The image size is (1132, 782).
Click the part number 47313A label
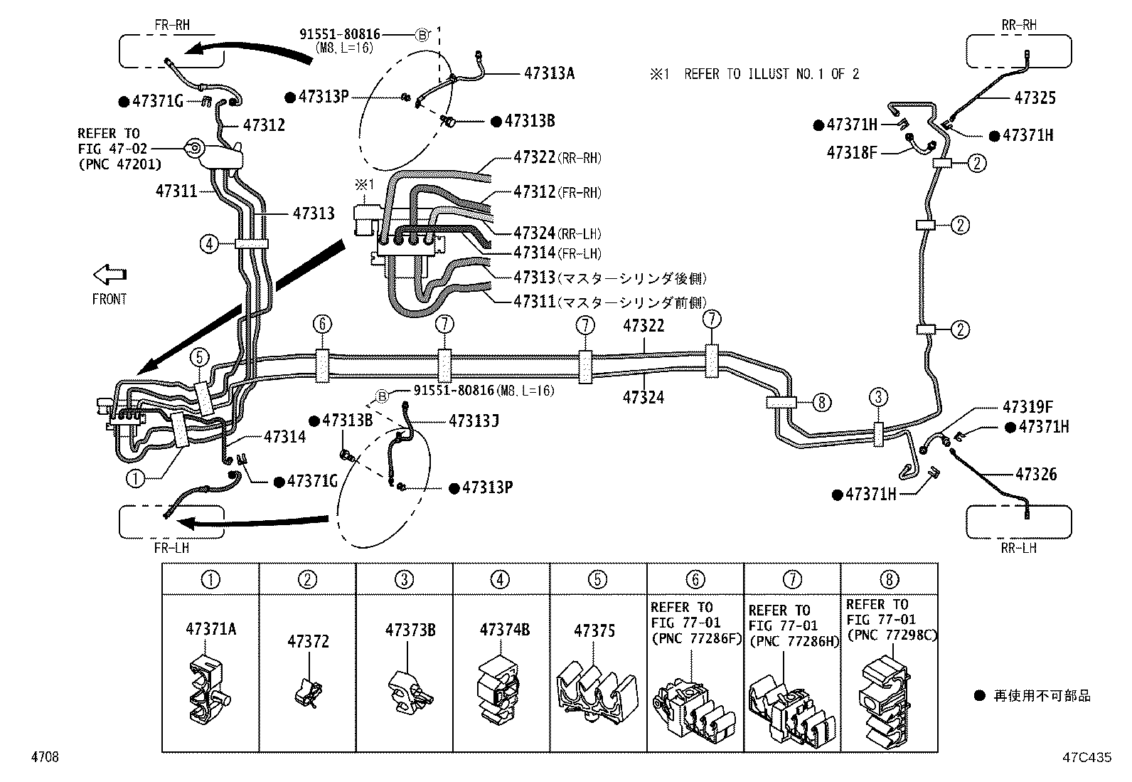(549, 73)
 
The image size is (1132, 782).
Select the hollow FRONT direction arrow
(110, 274)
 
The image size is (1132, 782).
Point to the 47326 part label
(1035, 474)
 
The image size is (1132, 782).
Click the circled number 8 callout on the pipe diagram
(821, 403)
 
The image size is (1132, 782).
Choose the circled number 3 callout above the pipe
(879, 396)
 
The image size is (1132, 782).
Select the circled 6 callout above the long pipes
(321, 324)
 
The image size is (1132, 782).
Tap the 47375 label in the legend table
(594, 631)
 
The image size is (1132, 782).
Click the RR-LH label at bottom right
(1019, 548)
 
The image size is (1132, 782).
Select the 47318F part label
(852, 152)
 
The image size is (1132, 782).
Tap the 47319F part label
(1027, 407)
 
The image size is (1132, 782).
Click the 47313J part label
(473, 421)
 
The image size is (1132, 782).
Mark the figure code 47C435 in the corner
(1086, 758)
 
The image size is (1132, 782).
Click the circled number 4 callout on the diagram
(208, 244)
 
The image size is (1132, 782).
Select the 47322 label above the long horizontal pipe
(644, 326)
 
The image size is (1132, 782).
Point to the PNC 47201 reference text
(119, 164)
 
